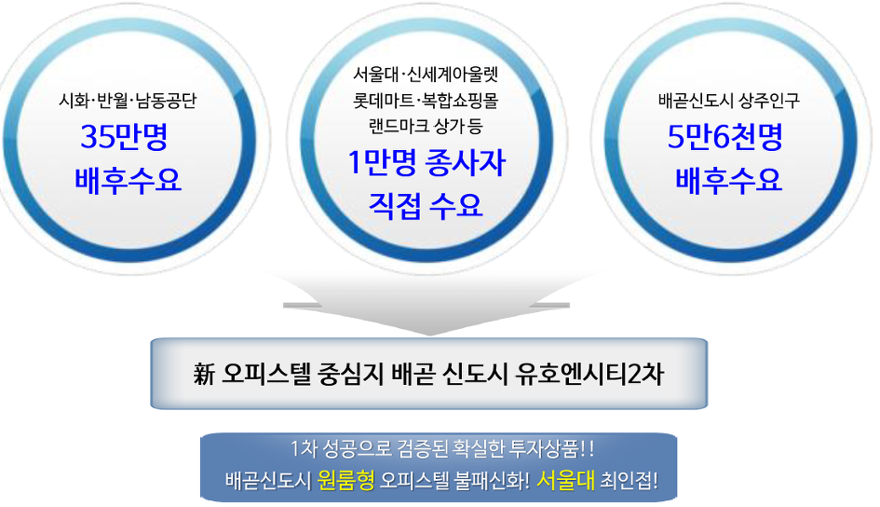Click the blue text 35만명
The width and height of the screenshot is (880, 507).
[124, 136]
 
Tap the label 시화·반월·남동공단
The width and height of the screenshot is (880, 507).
[128, 101]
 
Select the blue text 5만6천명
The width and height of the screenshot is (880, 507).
[724, 136]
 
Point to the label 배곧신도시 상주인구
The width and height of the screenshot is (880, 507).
[729, 101]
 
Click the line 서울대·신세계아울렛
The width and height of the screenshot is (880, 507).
[426, 75]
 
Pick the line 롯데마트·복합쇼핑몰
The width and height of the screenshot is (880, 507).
[426, 101]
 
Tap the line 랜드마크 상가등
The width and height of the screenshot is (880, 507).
[426, 126]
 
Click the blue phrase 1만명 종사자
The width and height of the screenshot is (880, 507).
[426, 163]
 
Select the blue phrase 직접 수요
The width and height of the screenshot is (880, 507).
[426, 205]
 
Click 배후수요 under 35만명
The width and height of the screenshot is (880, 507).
[128, 180]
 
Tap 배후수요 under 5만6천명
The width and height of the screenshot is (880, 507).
[728, 180]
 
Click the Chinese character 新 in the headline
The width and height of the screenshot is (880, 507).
[204, 375]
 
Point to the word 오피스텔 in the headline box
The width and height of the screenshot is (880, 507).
[266, 375]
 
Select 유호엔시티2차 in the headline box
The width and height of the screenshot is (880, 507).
[589, 375]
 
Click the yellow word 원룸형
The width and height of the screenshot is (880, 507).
[345, 481]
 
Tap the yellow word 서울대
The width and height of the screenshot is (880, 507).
[565, 481]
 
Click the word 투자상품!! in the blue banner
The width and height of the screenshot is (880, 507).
[551, 448]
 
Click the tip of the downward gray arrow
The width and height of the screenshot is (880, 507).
[430, 336]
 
